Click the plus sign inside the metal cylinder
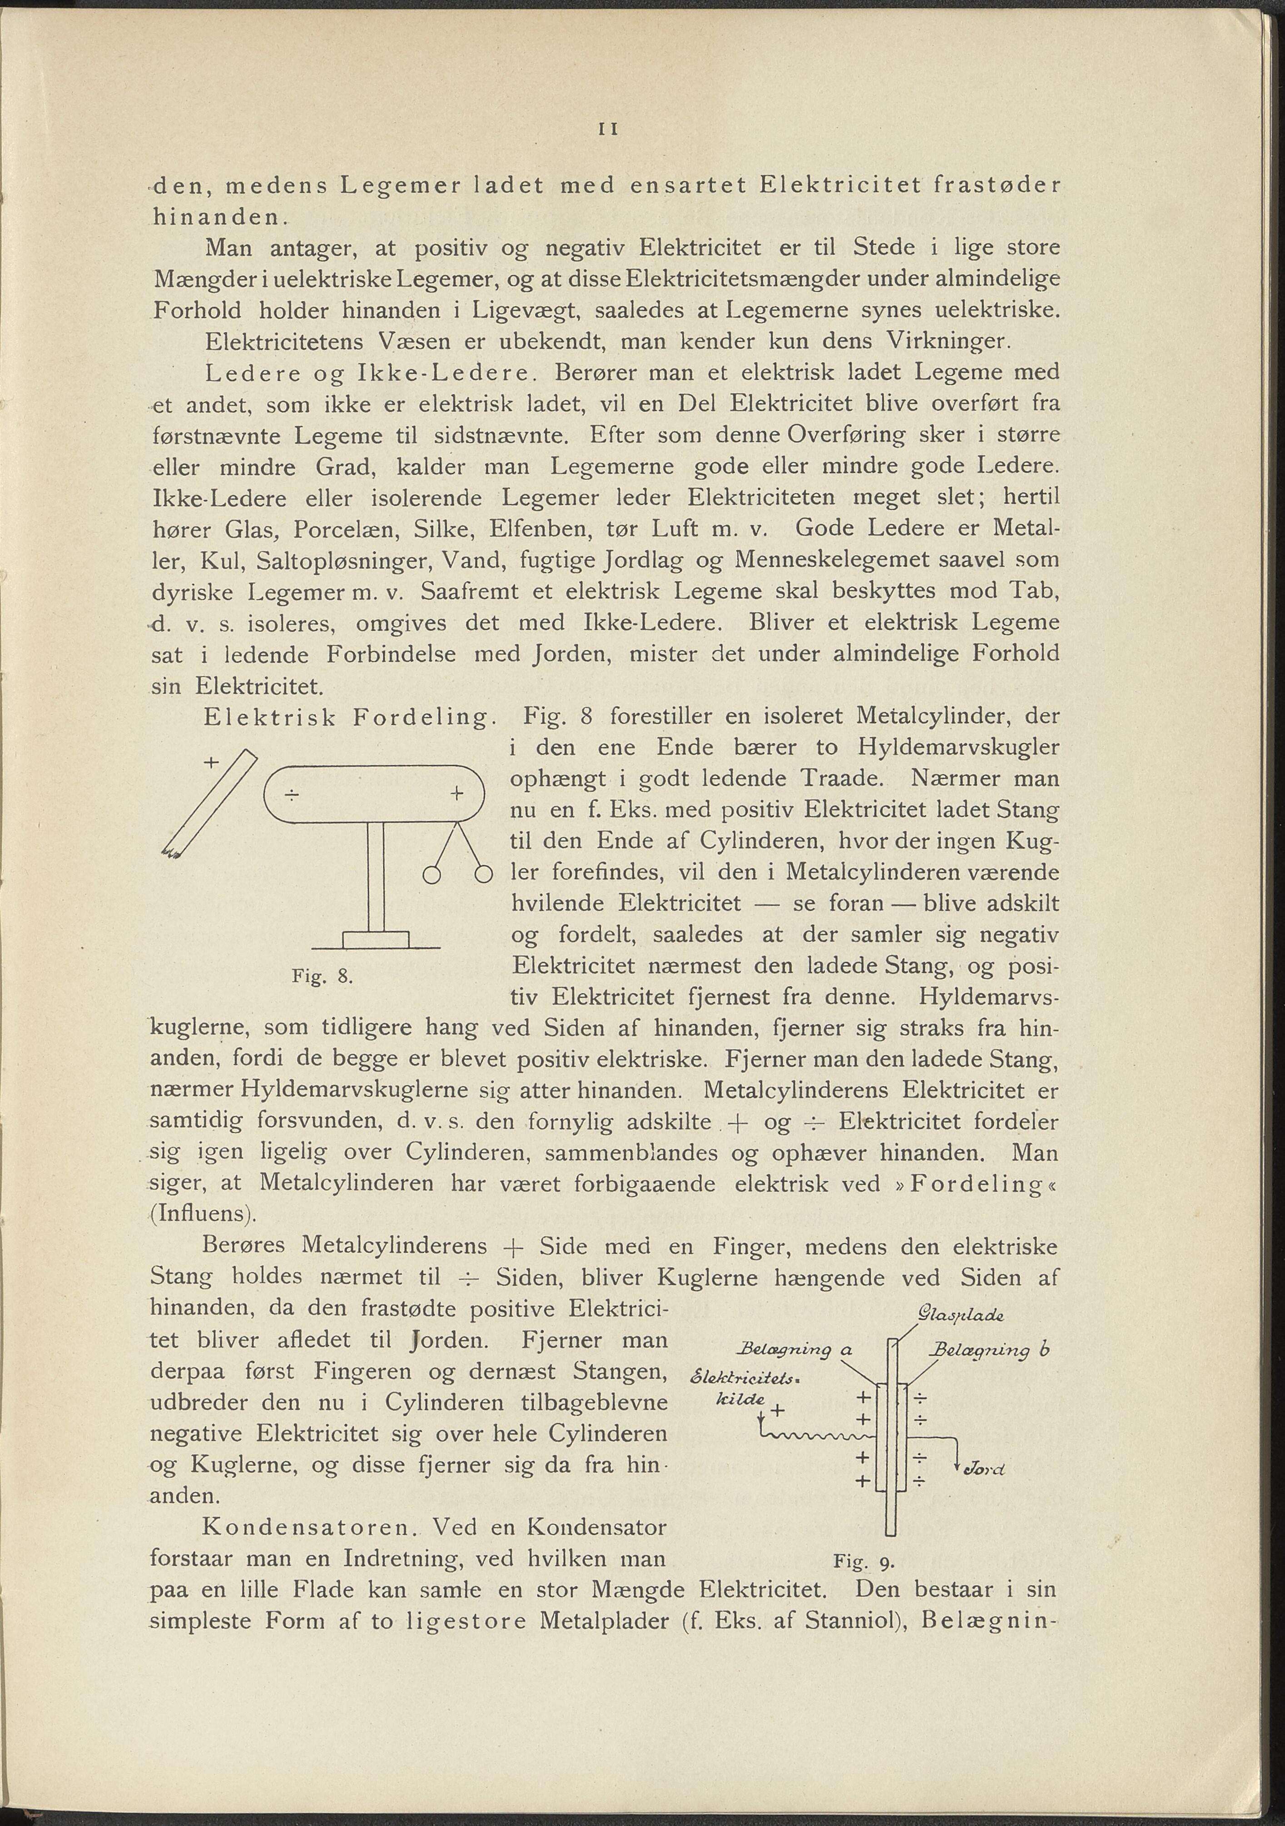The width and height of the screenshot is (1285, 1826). pyautogui.click(x=456, y=793)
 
